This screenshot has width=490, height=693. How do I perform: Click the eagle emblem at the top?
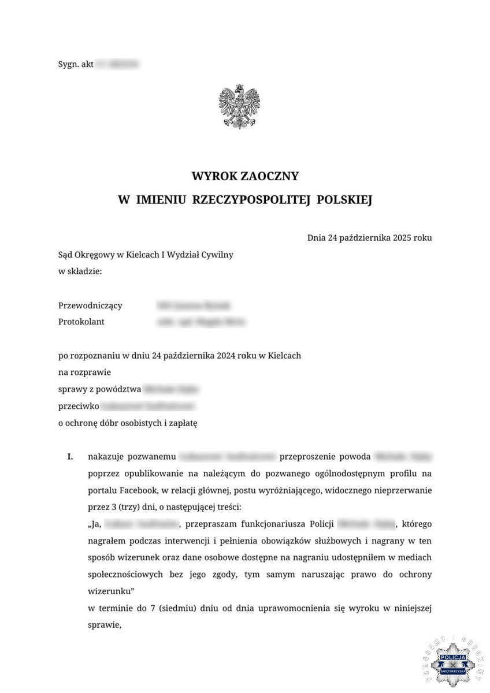click(x=239, y=107)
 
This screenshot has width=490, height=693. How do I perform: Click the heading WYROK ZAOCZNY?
click(x=245, y=176)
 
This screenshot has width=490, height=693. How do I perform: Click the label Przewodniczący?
click(x=90, y=305)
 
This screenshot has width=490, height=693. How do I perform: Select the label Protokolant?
click(x=81, y=322)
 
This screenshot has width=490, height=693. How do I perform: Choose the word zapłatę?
click(x=181, y=423)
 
